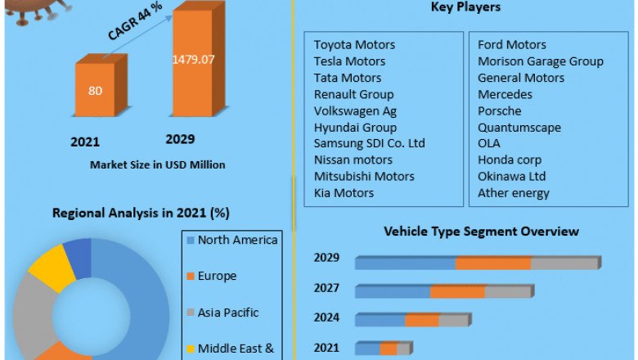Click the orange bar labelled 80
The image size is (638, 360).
pos(95,90)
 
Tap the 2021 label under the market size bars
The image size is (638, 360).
pos(85,142)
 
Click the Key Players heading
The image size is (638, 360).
pos(465,7)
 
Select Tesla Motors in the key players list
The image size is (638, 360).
pos(349,61)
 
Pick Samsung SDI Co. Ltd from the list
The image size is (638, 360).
pos(370,143)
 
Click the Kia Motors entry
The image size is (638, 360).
pos(344,193)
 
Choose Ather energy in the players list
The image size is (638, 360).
pos(514,193)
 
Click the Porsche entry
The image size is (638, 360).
pos(500,110)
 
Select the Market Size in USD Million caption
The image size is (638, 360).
pos(158,164)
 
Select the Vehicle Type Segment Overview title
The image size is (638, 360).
pos(482,232)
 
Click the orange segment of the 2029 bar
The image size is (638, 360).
pos(493,263)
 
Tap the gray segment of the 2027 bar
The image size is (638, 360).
pos(508,291)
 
